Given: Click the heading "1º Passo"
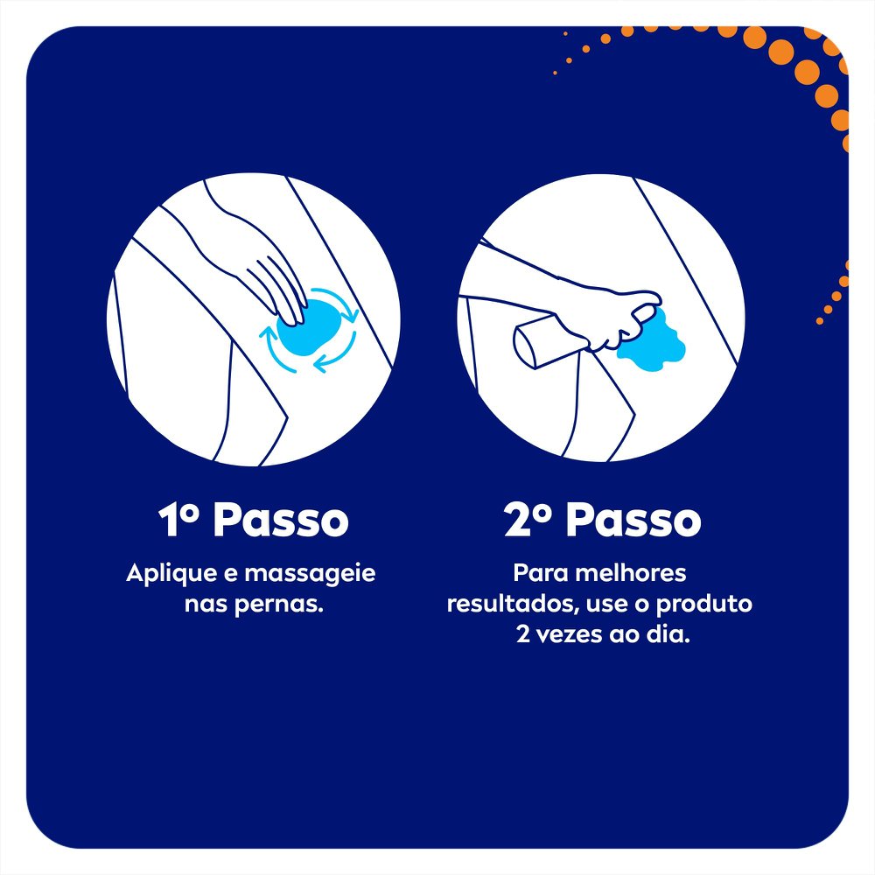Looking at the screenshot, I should coord(253,521).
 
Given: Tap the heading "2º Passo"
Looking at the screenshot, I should coord(603,521).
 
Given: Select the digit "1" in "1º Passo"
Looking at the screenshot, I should coord(170,521).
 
